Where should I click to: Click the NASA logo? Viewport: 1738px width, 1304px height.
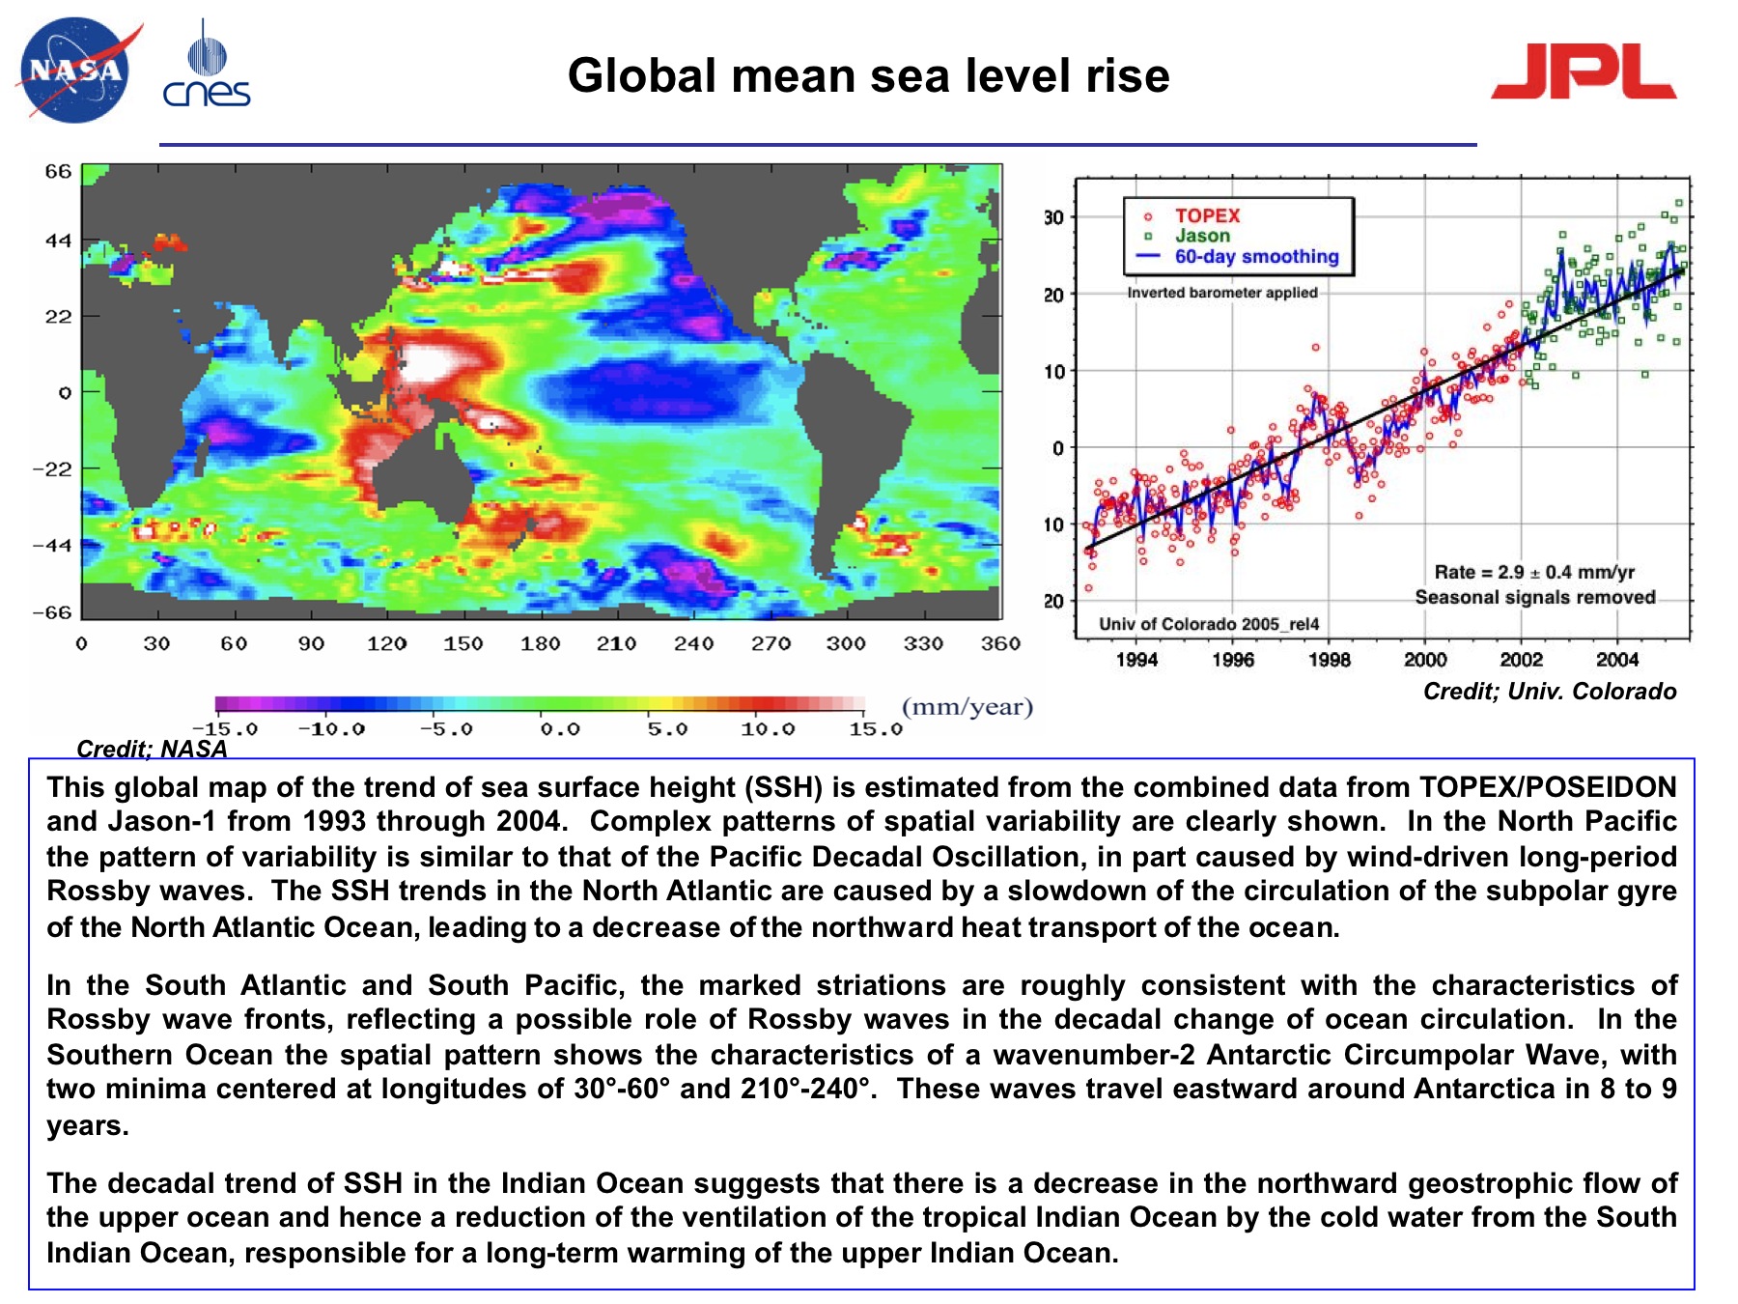(75, 71)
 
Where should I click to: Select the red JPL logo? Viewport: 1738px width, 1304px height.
(1584, 72)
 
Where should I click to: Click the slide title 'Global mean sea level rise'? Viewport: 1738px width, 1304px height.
(868, 75)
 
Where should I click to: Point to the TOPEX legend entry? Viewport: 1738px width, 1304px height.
(1206, 215)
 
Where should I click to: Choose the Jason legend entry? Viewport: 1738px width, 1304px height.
(1202, 236)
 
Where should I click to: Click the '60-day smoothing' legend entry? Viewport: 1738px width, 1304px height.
(1255, 257)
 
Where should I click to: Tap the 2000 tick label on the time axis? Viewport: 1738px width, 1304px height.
(1425, 660)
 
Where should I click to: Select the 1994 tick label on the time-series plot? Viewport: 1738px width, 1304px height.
(1136, 660)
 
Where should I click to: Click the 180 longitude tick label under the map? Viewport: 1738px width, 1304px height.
(540, 643)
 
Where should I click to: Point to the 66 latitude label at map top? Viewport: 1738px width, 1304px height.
(58, 172)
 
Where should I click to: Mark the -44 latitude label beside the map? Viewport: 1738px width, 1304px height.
(52, 546)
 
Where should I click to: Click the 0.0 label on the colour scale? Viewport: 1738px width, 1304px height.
(560, 729)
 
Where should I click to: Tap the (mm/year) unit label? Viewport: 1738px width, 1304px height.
(967, 707)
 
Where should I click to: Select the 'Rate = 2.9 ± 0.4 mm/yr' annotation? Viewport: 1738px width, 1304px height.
(1533, 572)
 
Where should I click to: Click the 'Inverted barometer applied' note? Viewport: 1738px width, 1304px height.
(1221, 293)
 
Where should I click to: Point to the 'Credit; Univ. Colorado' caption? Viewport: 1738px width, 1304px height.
(1549, 692)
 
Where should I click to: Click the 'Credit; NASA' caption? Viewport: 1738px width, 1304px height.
(152, 749)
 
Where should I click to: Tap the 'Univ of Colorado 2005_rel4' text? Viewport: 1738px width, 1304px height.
(1209, 624)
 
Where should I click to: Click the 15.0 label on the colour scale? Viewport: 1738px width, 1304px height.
(875, 729)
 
